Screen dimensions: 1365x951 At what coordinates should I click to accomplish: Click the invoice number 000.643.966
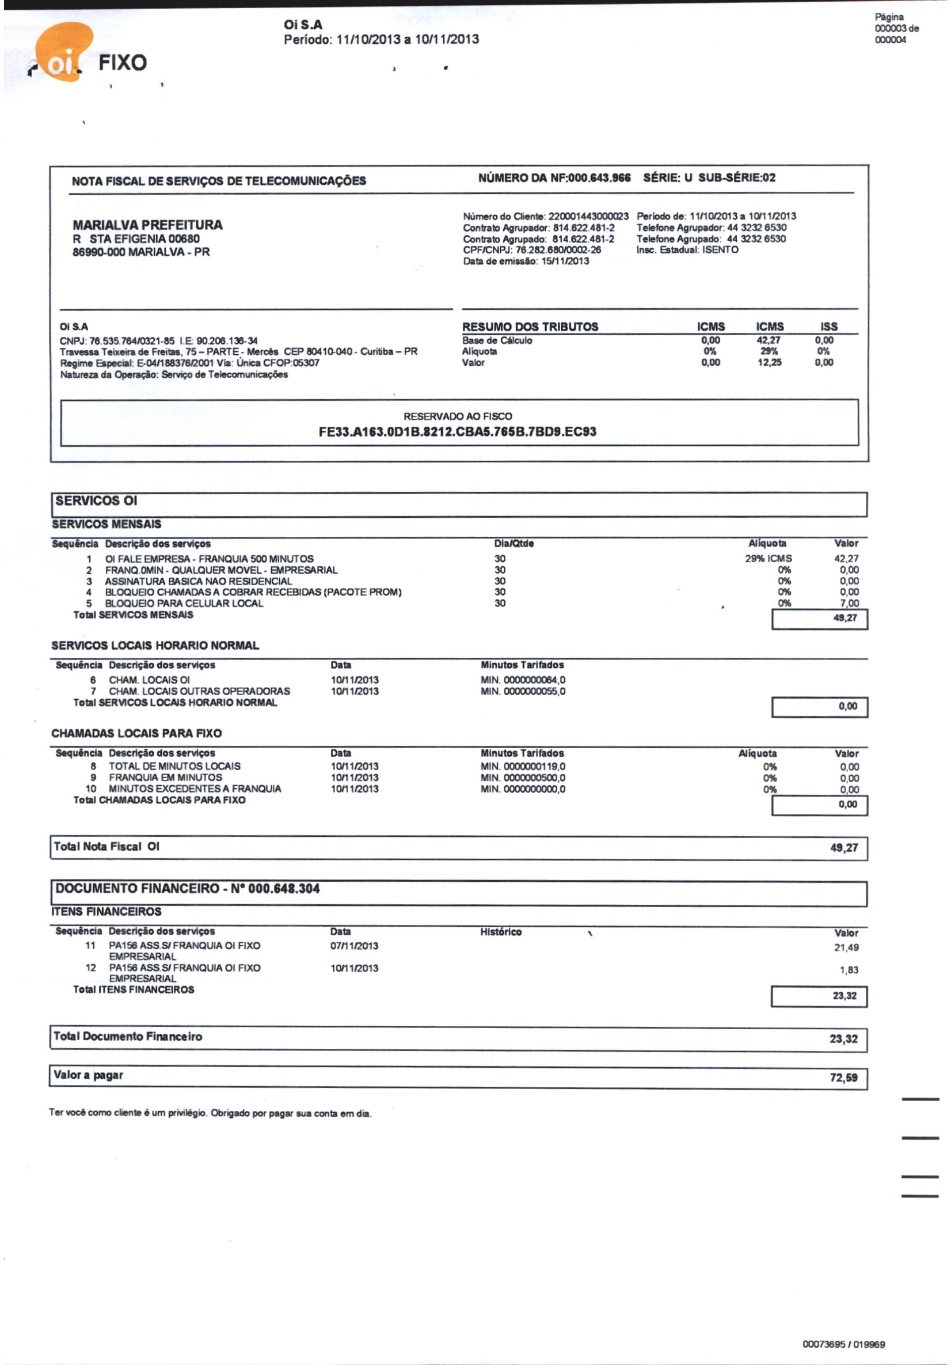pos(599,178)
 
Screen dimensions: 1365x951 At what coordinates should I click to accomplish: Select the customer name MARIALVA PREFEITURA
pos(147,225)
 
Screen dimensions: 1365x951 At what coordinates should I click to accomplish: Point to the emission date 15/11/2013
pos(565,261)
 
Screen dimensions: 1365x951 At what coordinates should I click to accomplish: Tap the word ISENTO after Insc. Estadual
pos(720,250)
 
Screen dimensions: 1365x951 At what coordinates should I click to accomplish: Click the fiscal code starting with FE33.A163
pos(457,431)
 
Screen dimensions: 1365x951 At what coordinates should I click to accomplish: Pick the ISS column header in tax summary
pos(828,327)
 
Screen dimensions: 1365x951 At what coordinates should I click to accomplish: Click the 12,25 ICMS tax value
pos(769,363)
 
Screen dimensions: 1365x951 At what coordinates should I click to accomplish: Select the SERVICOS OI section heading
pos(96,500)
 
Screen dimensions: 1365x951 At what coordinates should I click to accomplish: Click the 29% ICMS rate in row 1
pos(768,558)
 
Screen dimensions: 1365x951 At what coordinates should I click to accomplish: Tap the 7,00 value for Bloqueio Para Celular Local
pos(849,603)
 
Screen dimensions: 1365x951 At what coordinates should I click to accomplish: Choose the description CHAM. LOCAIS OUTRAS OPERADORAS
pos(199,691)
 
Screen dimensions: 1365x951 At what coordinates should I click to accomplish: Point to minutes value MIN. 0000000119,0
pos(523,767)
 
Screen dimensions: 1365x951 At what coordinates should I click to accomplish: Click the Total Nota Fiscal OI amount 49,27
pos(843,848)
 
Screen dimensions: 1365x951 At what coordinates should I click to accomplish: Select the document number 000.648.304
pos(284,889)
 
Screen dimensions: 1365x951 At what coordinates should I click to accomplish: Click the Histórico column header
pos(500,932)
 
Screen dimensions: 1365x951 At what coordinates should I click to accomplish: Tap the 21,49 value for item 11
pos(846,947)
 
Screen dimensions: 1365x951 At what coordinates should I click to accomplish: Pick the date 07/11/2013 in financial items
pos(354,946)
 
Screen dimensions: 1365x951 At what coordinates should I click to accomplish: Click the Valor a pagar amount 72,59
pos(843,1077)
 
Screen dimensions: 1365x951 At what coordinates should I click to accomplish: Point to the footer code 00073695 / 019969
pos(843,1344)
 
